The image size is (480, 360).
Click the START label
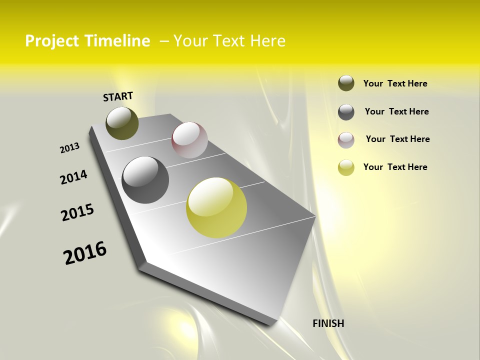point(118,96)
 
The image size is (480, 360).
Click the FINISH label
point(328,323)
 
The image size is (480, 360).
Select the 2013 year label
point(69,148)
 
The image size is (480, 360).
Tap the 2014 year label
point(73,177)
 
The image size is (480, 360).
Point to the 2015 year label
point(77,212)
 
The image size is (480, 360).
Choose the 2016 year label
point(85,253)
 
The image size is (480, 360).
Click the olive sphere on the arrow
point(122,123)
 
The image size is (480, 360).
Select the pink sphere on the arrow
point(189,140)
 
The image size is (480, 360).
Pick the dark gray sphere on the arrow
point(145,180)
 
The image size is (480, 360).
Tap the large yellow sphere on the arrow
point(216,207)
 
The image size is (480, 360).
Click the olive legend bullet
point(346,83)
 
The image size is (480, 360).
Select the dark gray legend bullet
point(346,112)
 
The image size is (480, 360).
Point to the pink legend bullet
point(346,140)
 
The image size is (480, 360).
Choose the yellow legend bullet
point(346,167)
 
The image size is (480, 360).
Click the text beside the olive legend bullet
point(395,83)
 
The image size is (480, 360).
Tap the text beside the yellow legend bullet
point(395,167)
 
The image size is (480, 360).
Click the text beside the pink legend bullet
point(397,139)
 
